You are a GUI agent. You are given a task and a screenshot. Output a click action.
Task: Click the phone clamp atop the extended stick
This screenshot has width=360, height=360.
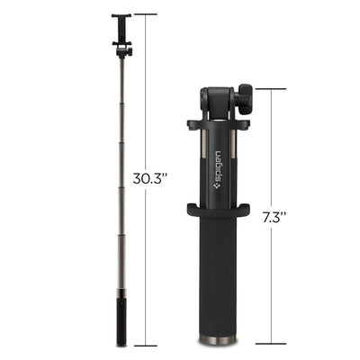(122, 27)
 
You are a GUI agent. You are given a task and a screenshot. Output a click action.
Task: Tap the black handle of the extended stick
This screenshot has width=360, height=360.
(122, 319)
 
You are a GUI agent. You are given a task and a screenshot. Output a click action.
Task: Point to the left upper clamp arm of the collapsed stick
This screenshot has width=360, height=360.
(192, 124)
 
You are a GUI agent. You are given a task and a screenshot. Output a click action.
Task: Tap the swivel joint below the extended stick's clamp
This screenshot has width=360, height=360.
(123, 50)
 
